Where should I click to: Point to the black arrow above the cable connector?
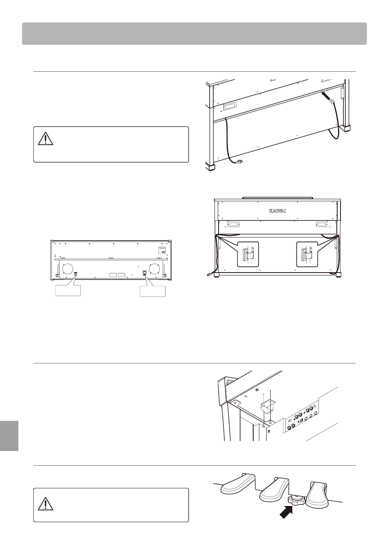[326, 95]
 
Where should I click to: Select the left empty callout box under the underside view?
[68, 291]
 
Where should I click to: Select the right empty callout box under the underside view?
[153, 291]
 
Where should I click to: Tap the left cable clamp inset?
[248, 254]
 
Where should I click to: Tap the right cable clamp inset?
[307, 254]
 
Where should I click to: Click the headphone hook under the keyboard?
[268, 407]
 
